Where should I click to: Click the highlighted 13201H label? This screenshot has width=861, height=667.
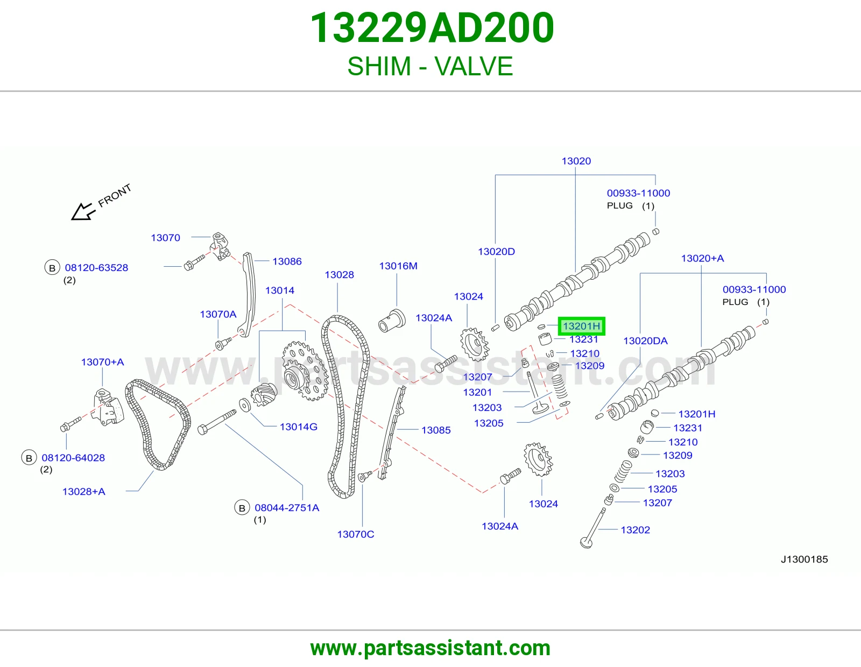tap(581, 326)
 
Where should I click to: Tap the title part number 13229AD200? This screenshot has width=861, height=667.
tap(432, 28)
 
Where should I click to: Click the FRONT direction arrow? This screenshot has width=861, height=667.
tap(83, 211)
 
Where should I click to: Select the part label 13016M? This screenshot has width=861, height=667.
tap(398, 266)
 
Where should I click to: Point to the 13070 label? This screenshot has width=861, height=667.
tap(165, 238)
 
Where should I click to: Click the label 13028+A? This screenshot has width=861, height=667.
tap(83, 492)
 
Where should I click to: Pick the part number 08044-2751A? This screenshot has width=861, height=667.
tap(287, 508)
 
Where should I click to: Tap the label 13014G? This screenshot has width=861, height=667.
tap(298, 427)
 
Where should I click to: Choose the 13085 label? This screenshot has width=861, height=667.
tap(436, 430)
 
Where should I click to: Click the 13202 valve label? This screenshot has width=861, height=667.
tap(635, 530)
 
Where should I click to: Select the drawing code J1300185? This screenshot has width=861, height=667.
tap(804, 559)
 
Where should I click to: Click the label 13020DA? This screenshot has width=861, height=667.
tap(645, 340)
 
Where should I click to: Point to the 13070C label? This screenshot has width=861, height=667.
tap(355, 534)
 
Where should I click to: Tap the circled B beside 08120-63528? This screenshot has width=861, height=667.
tap(52, 268)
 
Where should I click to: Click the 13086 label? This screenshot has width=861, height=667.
tap(287, 261)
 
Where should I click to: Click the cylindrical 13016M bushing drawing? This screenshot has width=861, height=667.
tap(392, 321)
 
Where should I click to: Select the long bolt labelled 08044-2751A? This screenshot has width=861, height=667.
tap(217, 422)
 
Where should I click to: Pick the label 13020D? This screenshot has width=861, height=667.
tap(496, 252)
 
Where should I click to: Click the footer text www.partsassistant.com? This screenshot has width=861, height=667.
tap(430, 648)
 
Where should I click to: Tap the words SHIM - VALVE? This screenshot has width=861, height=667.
tap(430, 66)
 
